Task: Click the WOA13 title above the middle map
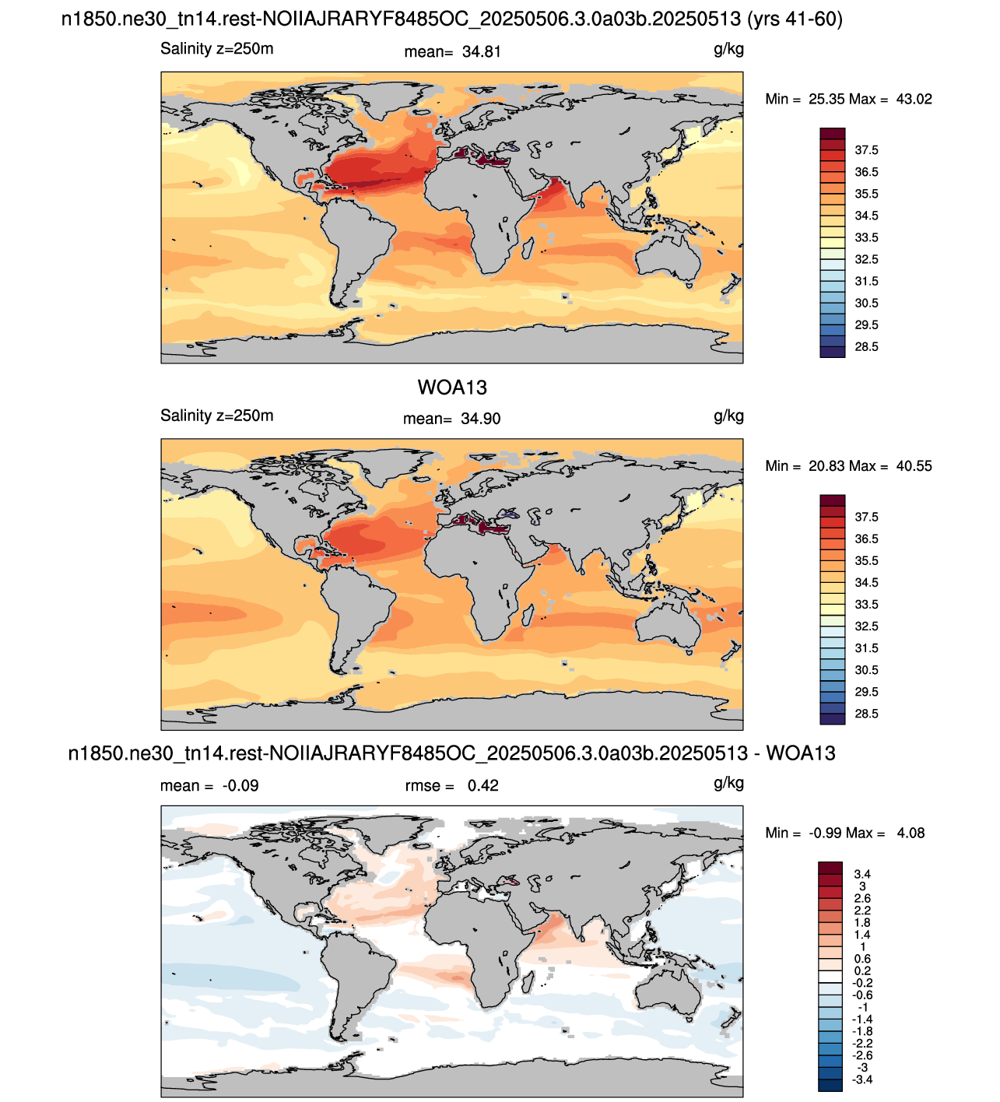pyautogui.click(x=452, y=388)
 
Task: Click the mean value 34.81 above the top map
pyautogui.click(x=481, y=51)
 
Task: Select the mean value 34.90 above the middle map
pyautogui.click(x=481, y=419)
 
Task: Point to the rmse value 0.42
pyautogui.click(x=483, y=785)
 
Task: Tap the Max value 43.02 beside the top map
pyautogui.click(x=914, y=99)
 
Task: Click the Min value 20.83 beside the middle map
pyautogui.click(x=826, y=466)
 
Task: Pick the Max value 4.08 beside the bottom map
pyautogui.click(x=911, y=833)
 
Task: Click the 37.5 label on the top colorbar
pyautogui.click(x=866, y=150)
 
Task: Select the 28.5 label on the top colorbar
pyautogui.click(x=866, y=346)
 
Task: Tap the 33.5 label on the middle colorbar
pyautogui.click(x=866, y=604)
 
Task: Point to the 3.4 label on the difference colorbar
pyautogui.click(x=862, y=873)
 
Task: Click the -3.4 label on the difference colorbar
pyautogui.click(x=862, y=1079)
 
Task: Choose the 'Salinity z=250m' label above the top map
pyautogui.click(x=216, y=49)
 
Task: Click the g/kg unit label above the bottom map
pyautogui.click(x=728, y=783)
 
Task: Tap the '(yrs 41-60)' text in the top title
pyautogui.click(x=795, y=19)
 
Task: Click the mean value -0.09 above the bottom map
pyautogui.click(x=240, y=785)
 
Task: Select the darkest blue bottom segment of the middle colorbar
pyautogui.click(x=832, y=719)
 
